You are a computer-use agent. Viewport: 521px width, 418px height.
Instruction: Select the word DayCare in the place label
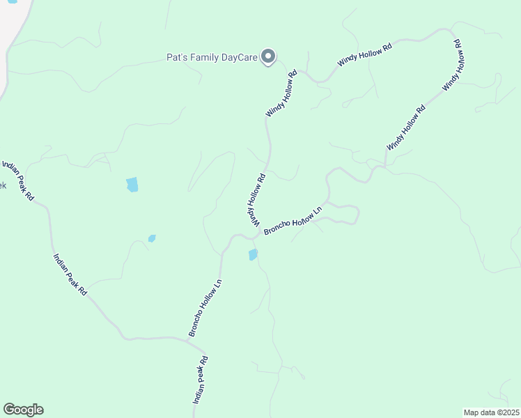tap(238, 57)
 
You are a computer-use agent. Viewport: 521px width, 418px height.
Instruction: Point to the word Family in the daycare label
tap(203, 57)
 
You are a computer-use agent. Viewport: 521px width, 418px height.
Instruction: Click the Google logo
tap(23, 410)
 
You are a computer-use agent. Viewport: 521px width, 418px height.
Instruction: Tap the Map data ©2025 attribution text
tap(491, 412)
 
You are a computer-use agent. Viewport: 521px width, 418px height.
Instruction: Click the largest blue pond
tap(132, 185)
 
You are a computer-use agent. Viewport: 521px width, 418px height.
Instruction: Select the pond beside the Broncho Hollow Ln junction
tap(253, 255)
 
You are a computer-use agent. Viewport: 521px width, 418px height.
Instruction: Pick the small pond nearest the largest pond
tap(152, 238)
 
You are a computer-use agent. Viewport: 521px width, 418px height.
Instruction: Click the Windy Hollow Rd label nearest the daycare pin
tap(281, 93)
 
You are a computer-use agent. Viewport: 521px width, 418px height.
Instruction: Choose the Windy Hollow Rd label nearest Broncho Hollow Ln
tap(256, 200)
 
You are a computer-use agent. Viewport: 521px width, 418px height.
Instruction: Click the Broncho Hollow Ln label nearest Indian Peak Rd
tap(205, 308)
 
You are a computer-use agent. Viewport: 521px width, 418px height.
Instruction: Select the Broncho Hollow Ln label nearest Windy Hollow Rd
tap(293, 221)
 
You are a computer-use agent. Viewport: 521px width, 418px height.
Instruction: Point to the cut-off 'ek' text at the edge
tap(3, 185)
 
